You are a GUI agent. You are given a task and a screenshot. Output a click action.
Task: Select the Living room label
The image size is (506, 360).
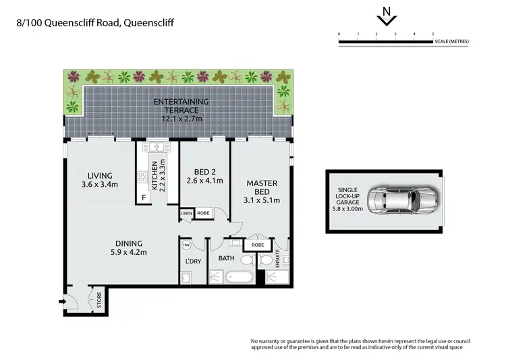coord(100,180)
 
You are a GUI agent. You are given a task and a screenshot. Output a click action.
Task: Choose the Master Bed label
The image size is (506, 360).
coord(262,191)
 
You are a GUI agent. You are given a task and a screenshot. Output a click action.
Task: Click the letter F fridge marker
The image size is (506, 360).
coord(143,197)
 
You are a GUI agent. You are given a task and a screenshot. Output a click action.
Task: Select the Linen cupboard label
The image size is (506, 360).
coord(186,214)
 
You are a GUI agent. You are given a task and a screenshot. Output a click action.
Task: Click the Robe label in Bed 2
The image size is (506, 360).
coord(203,214)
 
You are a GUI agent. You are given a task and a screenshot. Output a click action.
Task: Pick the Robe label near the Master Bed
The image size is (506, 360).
coord(258,245)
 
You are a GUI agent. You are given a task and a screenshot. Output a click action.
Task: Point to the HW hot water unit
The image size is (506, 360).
coord(186,245)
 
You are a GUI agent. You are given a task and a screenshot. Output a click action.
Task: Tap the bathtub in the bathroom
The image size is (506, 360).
coord(240,277)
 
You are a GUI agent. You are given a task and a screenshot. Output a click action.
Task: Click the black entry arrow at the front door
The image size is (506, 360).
coord(64,301)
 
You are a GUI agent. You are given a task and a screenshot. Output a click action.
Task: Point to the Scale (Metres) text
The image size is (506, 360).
coord(451,42)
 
